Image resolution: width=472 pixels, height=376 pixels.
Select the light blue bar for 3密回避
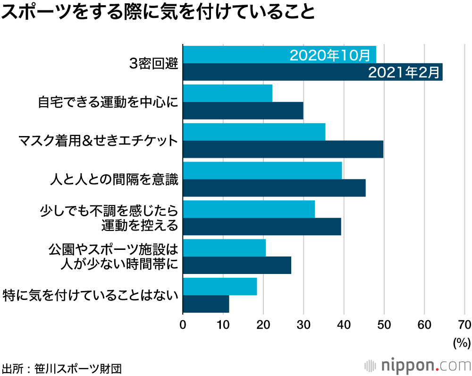click(236, 55)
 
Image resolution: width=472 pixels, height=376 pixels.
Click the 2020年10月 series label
click(329, 55)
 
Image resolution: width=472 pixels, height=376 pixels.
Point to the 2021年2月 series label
click(404, 72)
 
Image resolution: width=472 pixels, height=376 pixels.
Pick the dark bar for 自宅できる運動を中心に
click(243, 111)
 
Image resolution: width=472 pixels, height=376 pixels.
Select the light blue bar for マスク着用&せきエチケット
click(254, 132)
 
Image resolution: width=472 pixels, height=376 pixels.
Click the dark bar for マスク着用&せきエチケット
click(283, 149)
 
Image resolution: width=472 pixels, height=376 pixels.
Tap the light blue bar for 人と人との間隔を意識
click(262, 171)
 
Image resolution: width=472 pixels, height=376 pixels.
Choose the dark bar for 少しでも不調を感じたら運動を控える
click(261, 227)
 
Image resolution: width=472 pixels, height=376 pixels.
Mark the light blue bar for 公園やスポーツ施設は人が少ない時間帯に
click(224, 248)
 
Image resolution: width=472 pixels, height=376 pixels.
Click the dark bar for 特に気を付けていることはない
click(206, 304)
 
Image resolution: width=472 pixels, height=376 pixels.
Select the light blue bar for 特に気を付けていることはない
click(219, 287)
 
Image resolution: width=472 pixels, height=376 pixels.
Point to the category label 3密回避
click(154, 64)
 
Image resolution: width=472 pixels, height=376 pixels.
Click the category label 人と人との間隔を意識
click(114, 179)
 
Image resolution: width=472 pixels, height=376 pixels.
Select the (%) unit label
click(462, 342)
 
